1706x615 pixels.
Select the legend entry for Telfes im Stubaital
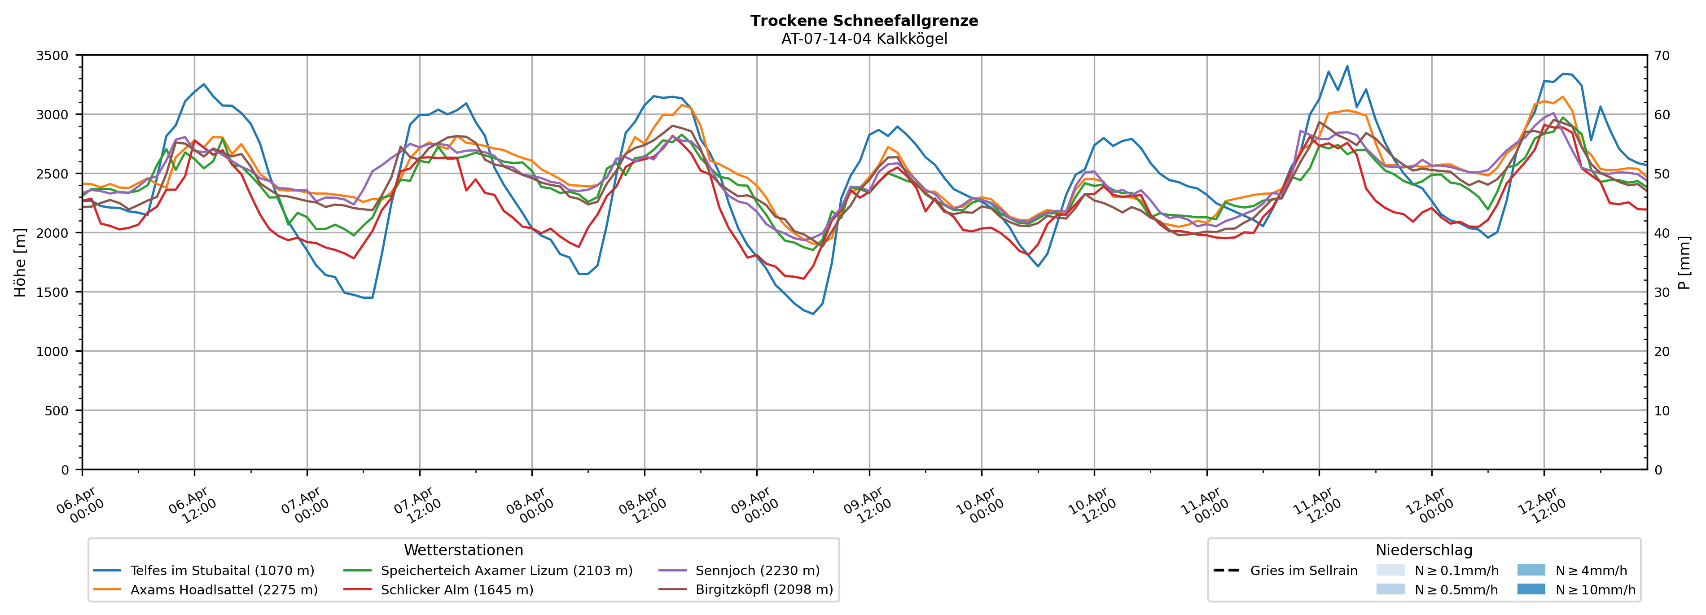click(x=222, y=571)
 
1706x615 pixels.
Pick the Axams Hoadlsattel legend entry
click(x=224, y=590)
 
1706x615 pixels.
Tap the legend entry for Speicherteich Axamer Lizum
click(x=506, y=571)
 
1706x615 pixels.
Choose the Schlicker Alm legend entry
click(x=456, y=590)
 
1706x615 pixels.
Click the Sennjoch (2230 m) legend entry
click(x=757, y=571)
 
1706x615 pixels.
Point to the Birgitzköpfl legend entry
click(x=763, y=590)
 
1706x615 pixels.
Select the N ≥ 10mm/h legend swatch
click(x=1531, y=589)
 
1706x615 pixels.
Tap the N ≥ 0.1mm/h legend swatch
click(x=1390, y=570)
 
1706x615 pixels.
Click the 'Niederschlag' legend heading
click(x=1424, y=550)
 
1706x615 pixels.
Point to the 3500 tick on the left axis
click(x=53, y=56)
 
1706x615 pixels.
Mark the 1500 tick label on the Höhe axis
click(x=53, y=292)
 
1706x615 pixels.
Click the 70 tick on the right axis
click(x=1662, y=56)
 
